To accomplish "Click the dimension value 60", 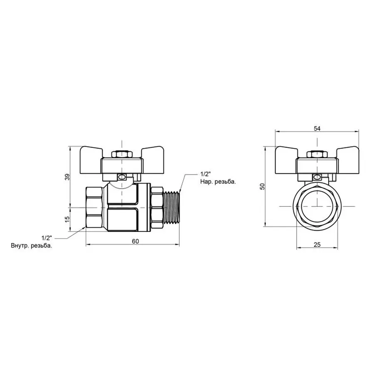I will point(135,241).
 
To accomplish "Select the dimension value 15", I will point(67,219).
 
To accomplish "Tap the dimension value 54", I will point(317,128).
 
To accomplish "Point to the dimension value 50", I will point(262,187).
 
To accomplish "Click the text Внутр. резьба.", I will point(32,246).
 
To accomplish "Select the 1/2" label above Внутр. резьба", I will point(46,238).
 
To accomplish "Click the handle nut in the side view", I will point(121,155).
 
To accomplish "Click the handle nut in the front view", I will point(317,155).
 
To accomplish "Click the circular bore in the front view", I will point(317,207).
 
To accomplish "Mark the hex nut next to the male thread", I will point(157,207).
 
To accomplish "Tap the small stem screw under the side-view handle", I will point(121,177).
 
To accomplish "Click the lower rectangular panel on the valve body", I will point(123,219).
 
